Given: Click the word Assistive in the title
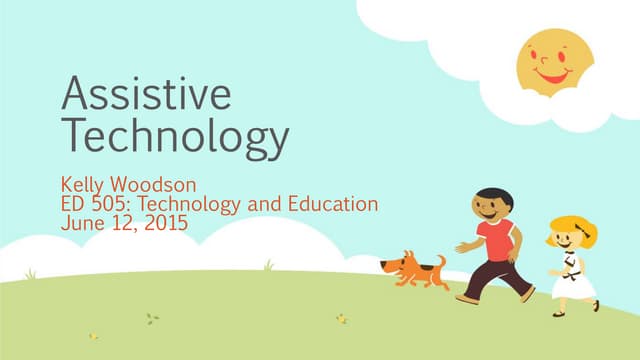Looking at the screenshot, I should click(x=146, y=93).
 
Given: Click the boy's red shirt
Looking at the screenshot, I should click(x=496, y=240).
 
